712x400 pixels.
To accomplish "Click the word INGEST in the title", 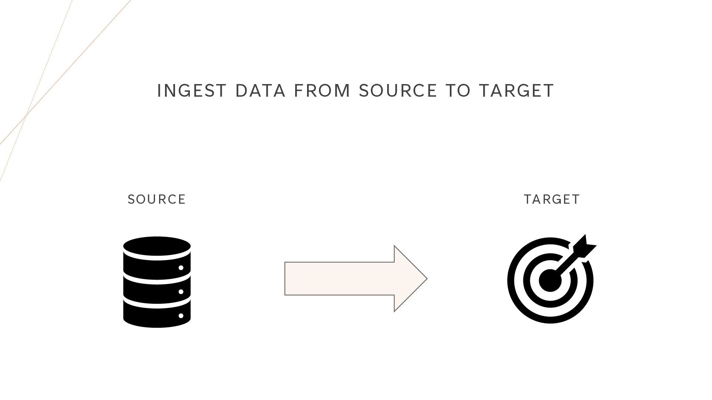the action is click(x=191, y=91).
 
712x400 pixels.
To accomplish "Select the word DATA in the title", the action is click(x=260, y=91).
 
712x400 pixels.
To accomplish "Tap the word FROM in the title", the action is click(x=322, y=91).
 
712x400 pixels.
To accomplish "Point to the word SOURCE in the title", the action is click(x=398, y=91).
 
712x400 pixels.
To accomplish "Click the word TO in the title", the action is click(x=458, y=91).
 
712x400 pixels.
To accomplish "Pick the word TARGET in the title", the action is click(x=516, y=91).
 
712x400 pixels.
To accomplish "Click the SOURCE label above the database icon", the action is click(x=156, y=200).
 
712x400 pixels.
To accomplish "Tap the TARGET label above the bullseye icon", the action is click(x=552, y=200).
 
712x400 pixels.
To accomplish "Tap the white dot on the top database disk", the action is click(x=181, y=267).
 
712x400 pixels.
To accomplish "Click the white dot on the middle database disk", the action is click(x=181, y=291).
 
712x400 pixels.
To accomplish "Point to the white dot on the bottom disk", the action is click(x=181, y=316).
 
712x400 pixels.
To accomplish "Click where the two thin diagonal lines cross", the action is click(x=26, y=116).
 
